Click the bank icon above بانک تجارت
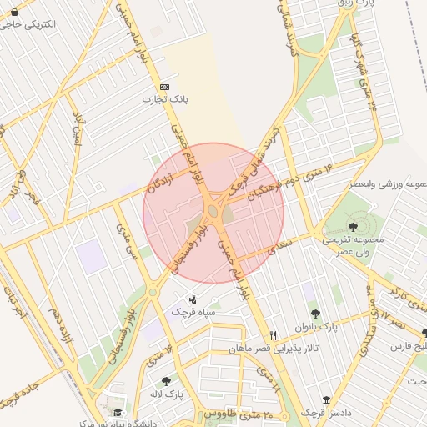click(164, 87)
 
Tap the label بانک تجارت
click(164, 99)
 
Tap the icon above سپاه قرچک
click(193, 299)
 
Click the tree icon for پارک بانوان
click(315, 314)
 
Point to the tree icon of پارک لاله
click(166, 380)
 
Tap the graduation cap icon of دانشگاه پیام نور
click(118, 413)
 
